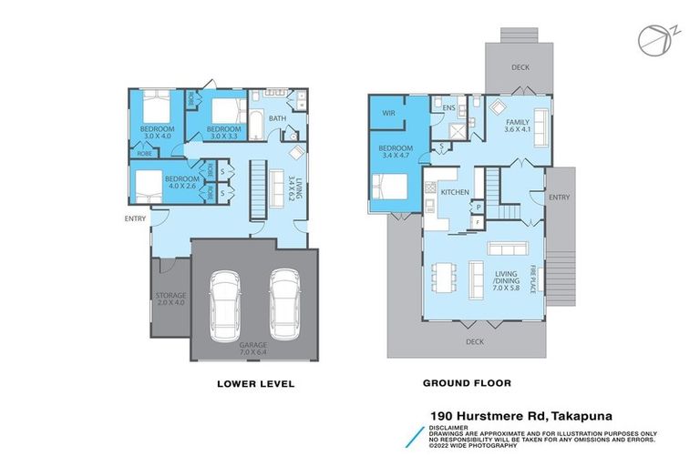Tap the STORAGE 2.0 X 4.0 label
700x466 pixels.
[170, 299]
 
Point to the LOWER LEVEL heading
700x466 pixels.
[255, 384]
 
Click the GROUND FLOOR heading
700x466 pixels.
[468, 384]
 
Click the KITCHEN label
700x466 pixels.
[454, 192]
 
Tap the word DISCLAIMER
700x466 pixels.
[451, 426]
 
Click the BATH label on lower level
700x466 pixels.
[278, 117]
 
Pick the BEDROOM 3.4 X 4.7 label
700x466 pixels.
[395, 152]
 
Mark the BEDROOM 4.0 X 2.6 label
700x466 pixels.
[181, 182]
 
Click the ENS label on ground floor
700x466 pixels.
[448, 108]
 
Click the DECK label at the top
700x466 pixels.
[520, 66]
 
